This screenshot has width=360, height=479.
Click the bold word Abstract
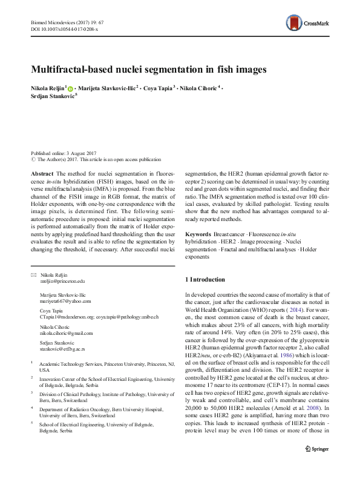(x=42, y=173)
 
